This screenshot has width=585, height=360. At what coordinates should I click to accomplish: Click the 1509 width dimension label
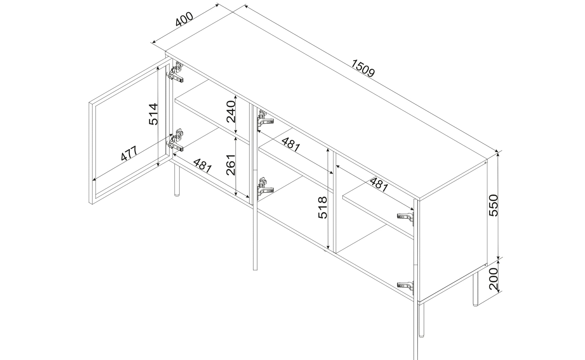point(362,68)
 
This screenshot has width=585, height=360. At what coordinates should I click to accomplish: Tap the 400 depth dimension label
point(184,19)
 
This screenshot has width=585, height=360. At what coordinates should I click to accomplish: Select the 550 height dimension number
point(493,205)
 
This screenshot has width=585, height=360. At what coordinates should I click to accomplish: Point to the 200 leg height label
point(493,279)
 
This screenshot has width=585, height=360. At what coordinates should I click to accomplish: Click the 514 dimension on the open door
point(153,114)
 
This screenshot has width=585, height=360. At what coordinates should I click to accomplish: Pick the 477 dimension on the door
point(129,153)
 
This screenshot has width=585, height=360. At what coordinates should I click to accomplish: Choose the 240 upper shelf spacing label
point(231,111)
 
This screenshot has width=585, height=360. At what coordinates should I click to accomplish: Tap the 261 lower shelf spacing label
point(231,165)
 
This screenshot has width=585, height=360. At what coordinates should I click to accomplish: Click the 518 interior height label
point(322,207)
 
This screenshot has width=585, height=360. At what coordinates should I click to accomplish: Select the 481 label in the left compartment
point(203,166)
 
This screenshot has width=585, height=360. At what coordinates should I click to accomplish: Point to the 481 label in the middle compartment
point(291,145)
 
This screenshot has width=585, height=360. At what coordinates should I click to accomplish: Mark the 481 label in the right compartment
point(379,185)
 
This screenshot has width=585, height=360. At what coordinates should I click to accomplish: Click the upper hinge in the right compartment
point(406,218)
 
